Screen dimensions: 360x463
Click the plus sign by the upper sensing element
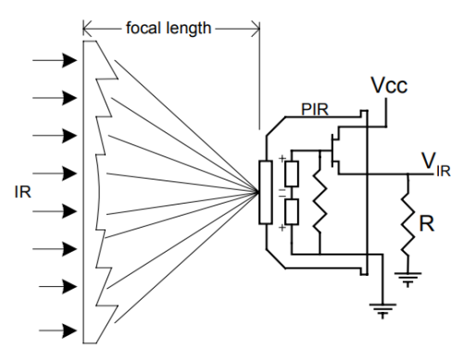click(x=280, y=158)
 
